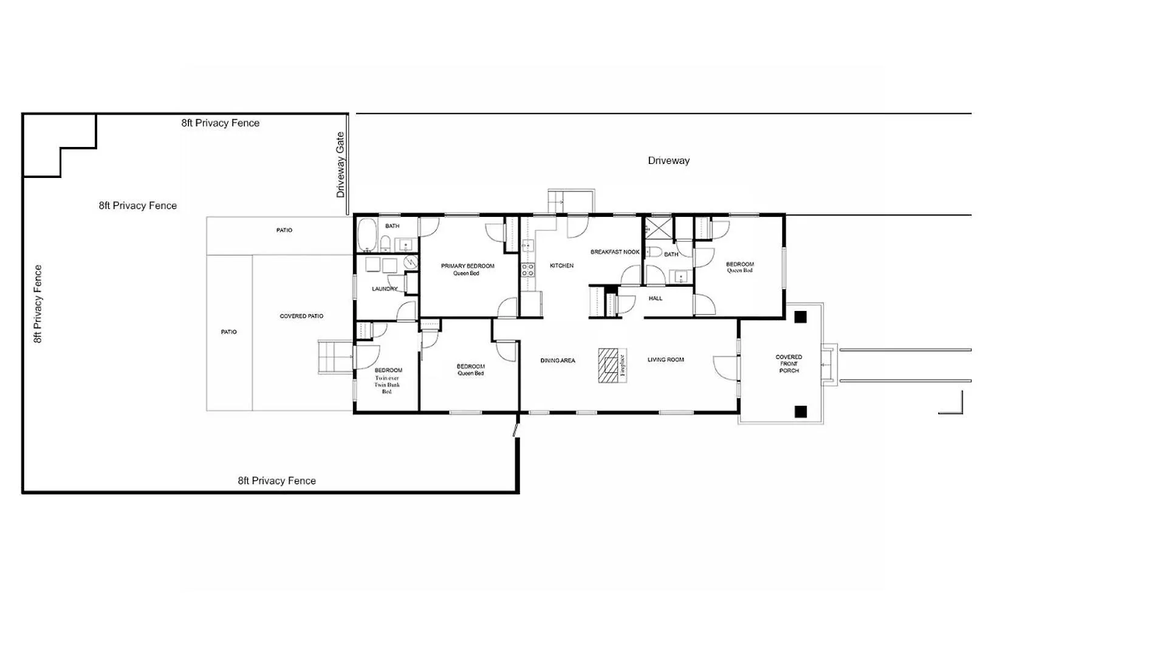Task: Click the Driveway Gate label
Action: point(340,165)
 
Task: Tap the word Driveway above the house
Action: point(668,160)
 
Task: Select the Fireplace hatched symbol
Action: point(608,365)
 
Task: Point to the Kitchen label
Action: point(561,265)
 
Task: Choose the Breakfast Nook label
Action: point(615,252)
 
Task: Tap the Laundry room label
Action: point(385,289)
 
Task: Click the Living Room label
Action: point(665,360)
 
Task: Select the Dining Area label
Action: point(558,361)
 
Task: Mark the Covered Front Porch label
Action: point(789,364)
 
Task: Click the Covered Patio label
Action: point(301,316)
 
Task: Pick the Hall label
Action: point(656,299)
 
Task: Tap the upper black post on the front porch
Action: point(800,317)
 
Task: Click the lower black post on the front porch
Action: point(800,412)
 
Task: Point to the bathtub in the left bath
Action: point(366,234)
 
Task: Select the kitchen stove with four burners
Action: point(527,270)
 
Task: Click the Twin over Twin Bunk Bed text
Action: point(387,385)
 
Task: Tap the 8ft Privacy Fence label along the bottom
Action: point(276,480)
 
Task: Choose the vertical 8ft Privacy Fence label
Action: point(38,304)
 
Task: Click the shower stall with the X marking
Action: point(659,228)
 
